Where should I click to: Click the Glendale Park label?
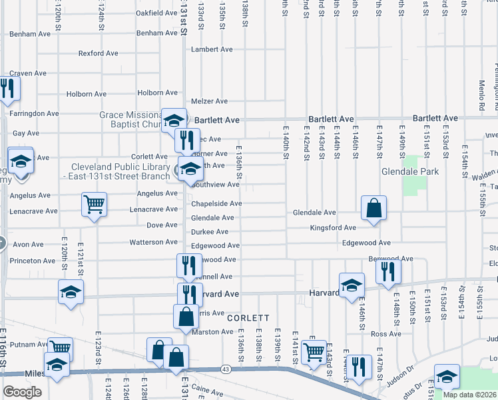pyautogui.click(x=410, y=171)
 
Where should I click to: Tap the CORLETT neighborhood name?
pyautogui.click(x=248, y=319)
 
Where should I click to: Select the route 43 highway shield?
pyautogui.click(x=226, y=369)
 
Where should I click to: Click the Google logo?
pyautogui.click(x=22, y=392)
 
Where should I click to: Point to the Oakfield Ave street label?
pyautogui.click(x=156, y=13)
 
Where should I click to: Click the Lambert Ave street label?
pyautogui.click(x=212, y=49)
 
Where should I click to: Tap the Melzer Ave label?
pyautogui.click(x=210, y=101)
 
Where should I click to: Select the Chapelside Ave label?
pyautogui.click(x=216, y=204)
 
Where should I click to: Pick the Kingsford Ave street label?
pyautogui.click(x=333, y=228)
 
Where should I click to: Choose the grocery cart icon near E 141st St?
pyautogui.click(x=314, y=352)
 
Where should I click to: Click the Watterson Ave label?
pyautogui.click(x=153, y=242)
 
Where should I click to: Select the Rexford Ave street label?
pyautogui.click(x=98, y=53)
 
